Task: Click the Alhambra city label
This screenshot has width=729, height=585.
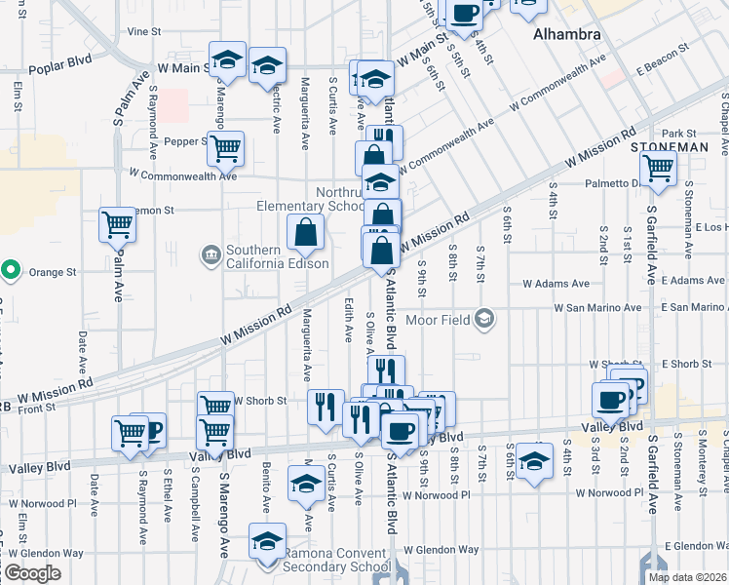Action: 565,34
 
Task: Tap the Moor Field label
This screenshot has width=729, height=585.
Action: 436,319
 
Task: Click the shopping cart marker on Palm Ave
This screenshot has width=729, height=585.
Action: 117,225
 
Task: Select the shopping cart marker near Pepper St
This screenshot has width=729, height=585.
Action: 226,149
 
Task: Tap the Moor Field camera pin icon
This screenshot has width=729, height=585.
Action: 484,319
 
